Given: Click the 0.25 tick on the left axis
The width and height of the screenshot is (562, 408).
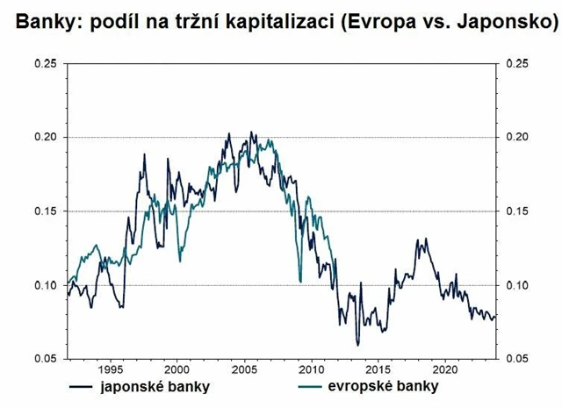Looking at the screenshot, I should click(47, 63).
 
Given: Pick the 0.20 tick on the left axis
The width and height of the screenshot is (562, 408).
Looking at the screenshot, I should click(47, 137).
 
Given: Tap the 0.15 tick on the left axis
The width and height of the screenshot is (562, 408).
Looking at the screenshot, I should click(47, 211).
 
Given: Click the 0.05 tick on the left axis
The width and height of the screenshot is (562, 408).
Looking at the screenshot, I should click(47, 358).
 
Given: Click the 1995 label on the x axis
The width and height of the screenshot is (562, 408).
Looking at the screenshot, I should click(110, 369).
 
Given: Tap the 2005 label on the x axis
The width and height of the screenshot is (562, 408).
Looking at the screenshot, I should click(244, 369).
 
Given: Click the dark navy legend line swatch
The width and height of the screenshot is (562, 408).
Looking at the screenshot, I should click(84, 386).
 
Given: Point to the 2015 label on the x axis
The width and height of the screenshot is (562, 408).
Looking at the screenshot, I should click(378, 369).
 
